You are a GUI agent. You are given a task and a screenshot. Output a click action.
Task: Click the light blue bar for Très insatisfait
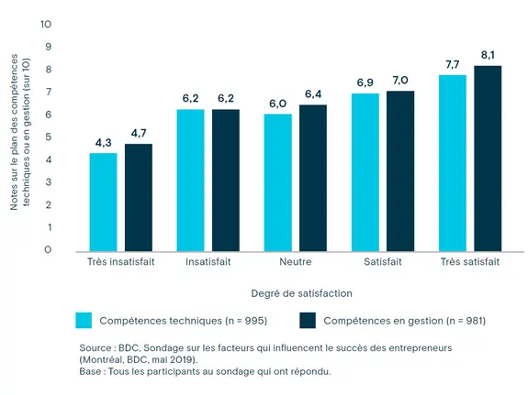coord(103,202)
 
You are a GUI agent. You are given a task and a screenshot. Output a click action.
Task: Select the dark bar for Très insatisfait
coord(139,197)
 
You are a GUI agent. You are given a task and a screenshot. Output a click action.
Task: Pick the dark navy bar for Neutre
coord(313,177)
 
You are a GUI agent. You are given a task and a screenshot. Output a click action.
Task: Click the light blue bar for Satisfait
coord(365,171)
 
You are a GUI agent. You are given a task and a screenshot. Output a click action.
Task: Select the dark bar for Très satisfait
coord(488,158)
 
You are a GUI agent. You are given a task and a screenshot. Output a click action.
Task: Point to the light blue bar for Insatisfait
coord(190,180)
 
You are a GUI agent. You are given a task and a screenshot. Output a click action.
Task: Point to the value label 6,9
coord(365,82)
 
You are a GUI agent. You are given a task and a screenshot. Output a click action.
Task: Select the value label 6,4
coord(313,93)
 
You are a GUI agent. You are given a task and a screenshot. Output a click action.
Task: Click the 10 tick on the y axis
coord(47,24)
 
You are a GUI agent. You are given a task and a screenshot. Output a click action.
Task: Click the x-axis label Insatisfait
coord(208,261)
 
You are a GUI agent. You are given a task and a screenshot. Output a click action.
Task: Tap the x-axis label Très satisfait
coord(469,261)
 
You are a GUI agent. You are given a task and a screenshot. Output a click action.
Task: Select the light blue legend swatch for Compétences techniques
coord(84,320)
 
